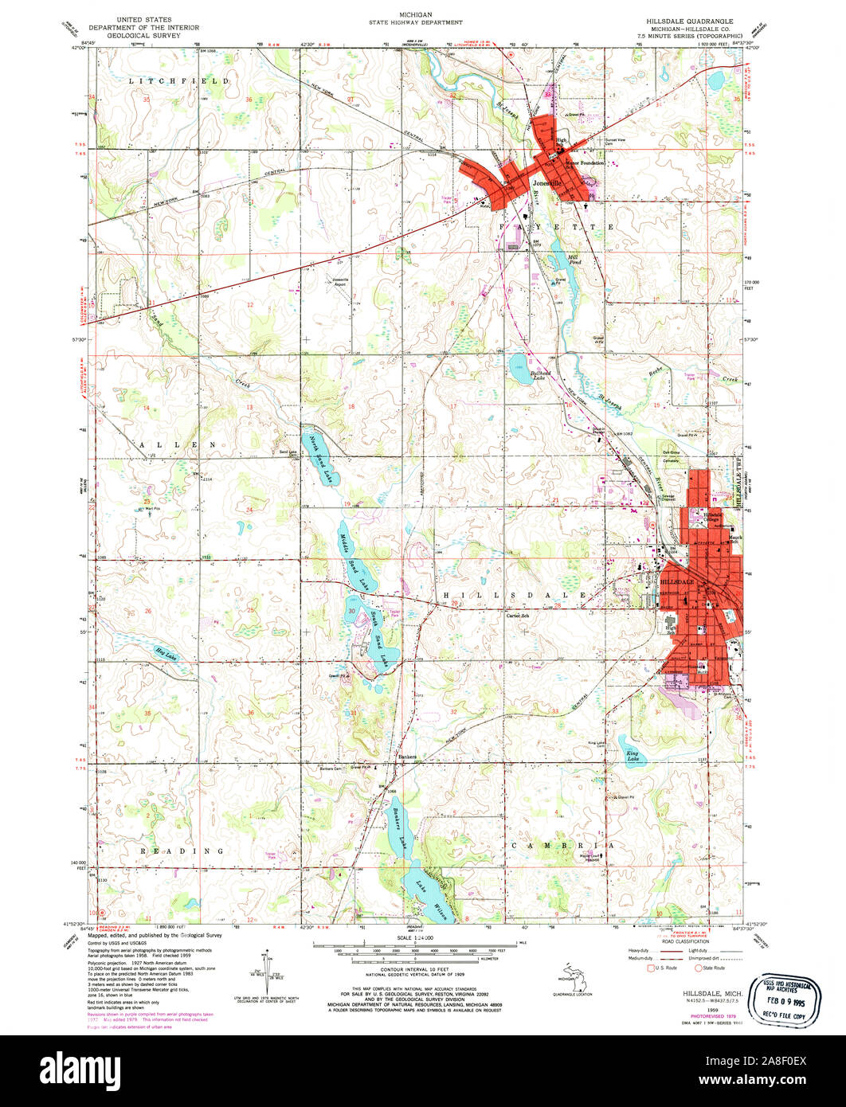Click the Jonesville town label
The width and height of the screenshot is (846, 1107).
(546, 182)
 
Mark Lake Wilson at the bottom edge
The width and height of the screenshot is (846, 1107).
(433, 900)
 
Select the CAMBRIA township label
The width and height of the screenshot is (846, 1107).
(562, 844)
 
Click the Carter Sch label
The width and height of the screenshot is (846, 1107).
(518, 615)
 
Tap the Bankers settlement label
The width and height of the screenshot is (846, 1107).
(408, 756)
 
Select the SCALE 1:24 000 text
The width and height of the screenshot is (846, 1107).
(422, 938)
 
